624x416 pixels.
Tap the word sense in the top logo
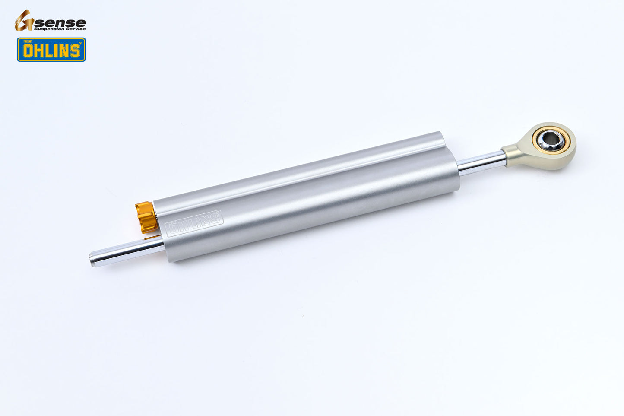60,22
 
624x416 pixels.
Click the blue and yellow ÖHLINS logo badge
51,50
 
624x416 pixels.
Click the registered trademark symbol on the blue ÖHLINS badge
80,44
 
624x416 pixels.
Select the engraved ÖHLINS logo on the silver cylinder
194,222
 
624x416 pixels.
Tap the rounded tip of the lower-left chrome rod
92,260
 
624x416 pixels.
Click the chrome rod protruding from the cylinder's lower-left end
125,252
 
